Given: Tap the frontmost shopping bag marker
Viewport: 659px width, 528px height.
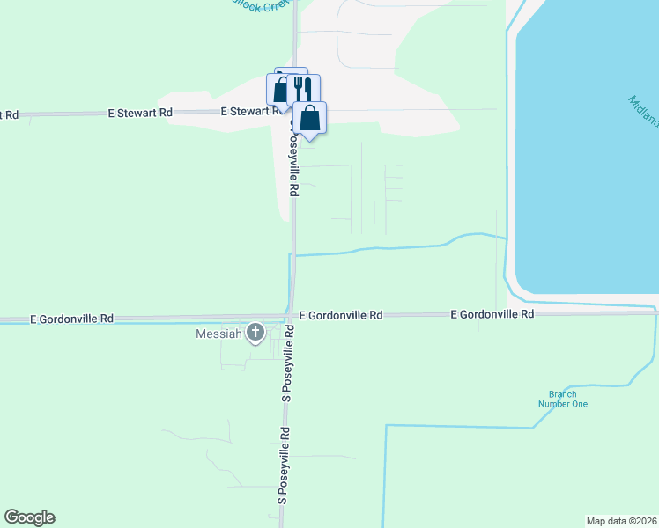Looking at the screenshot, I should (310, 117).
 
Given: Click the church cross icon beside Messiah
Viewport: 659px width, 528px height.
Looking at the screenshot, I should (255, 332).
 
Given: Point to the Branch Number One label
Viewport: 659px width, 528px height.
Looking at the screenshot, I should (562, 400).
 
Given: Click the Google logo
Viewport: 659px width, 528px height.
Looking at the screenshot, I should (29, 517).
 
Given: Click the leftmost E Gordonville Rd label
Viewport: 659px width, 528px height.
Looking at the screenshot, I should (71, 319).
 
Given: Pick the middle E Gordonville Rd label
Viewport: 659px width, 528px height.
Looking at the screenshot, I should (341, 314).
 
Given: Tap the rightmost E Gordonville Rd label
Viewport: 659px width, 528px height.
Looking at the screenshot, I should (492, 314).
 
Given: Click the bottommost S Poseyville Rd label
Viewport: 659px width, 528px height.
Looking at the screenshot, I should (284, 466).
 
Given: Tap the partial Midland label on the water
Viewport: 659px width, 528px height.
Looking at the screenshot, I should (644, 111).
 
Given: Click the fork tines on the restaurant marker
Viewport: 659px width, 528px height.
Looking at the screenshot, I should (300, 85).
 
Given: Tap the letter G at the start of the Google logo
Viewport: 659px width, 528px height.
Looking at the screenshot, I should (11, 517).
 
